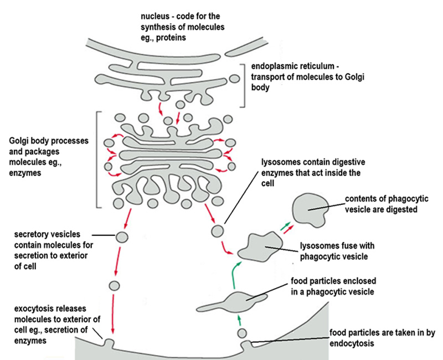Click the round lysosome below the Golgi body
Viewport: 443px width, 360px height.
[x=219, y=229]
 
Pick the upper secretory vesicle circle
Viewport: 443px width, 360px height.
[x=121, y=238]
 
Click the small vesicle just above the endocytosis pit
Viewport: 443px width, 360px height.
[x=242, y=333]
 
